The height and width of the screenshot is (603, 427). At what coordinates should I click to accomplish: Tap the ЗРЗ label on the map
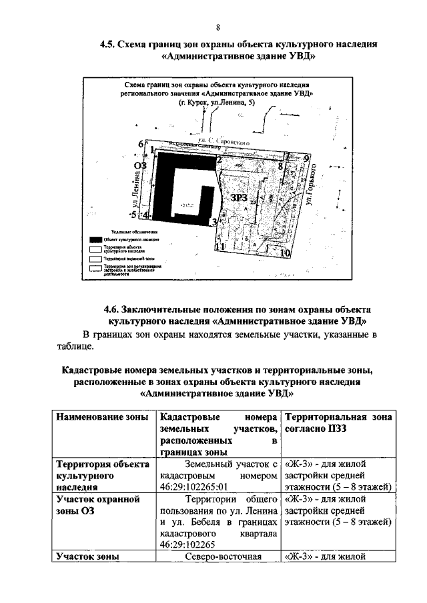click(x=240, y=199)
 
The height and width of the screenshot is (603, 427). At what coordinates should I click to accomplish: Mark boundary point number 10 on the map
click(x=285, y=253)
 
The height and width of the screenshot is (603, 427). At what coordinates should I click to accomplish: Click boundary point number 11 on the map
click(x=221, y=247)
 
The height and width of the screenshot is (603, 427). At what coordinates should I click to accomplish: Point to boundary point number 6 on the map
click(x=141, y=143)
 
